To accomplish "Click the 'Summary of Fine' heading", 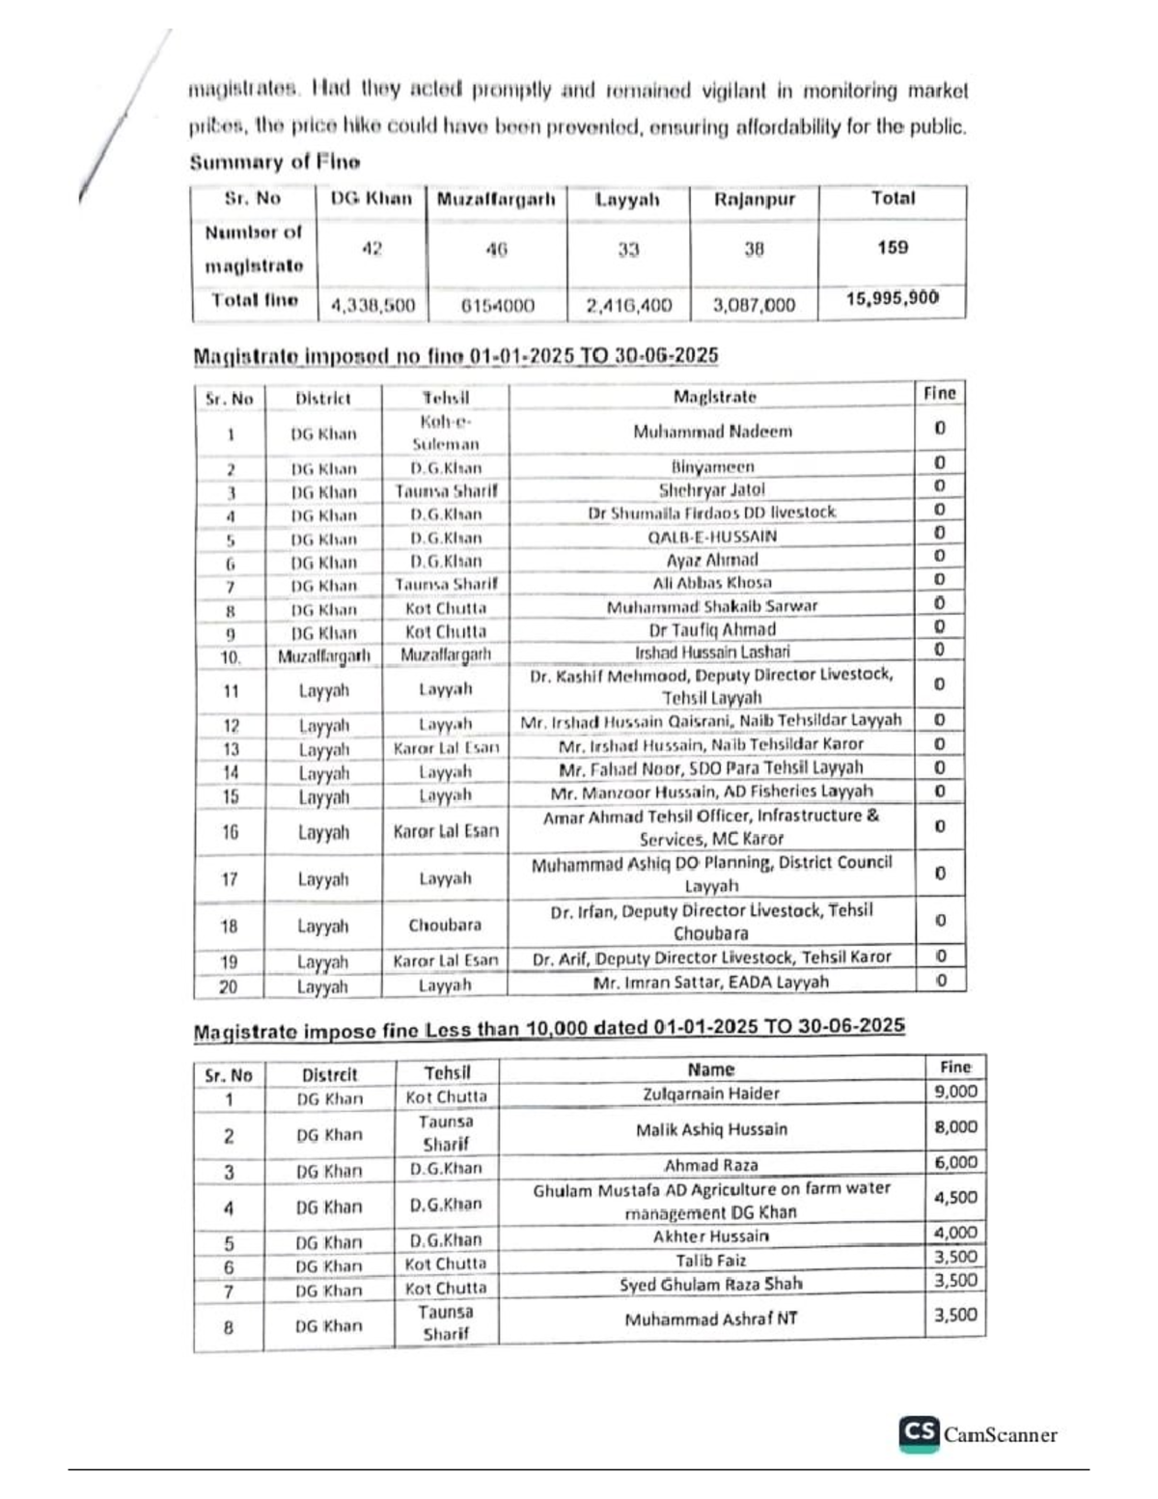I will [274, 162].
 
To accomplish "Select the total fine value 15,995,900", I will [892, 298].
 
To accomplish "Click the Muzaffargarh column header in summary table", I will [496, 200].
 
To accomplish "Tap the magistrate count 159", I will [892, 247].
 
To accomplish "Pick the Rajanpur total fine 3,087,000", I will [754, 305].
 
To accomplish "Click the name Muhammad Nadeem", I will [712, 431].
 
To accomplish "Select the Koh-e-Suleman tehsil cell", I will [445, 433].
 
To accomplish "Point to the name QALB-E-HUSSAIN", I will [712, 537].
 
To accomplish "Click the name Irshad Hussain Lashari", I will [712, 652].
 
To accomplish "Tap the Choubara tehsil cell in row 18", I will [444, 925].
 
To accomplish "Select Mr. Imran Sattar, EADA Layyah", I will [710, 983].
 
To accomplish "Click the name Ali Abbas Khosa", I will [712, 583].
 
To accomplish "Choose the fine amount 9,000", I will [955, 1092].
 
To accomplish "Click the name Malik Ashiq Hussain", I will [711, 1129].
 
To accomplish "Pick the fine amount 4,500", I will [955, 1198].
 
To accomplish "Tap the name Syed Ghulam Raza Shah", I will [711, 1285].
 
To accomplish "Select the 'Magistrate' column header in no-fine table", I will [714, 397].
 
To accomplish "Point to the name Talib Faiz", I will [711, 1261].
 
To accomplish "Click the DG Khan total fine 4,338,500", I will [372, 305].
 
